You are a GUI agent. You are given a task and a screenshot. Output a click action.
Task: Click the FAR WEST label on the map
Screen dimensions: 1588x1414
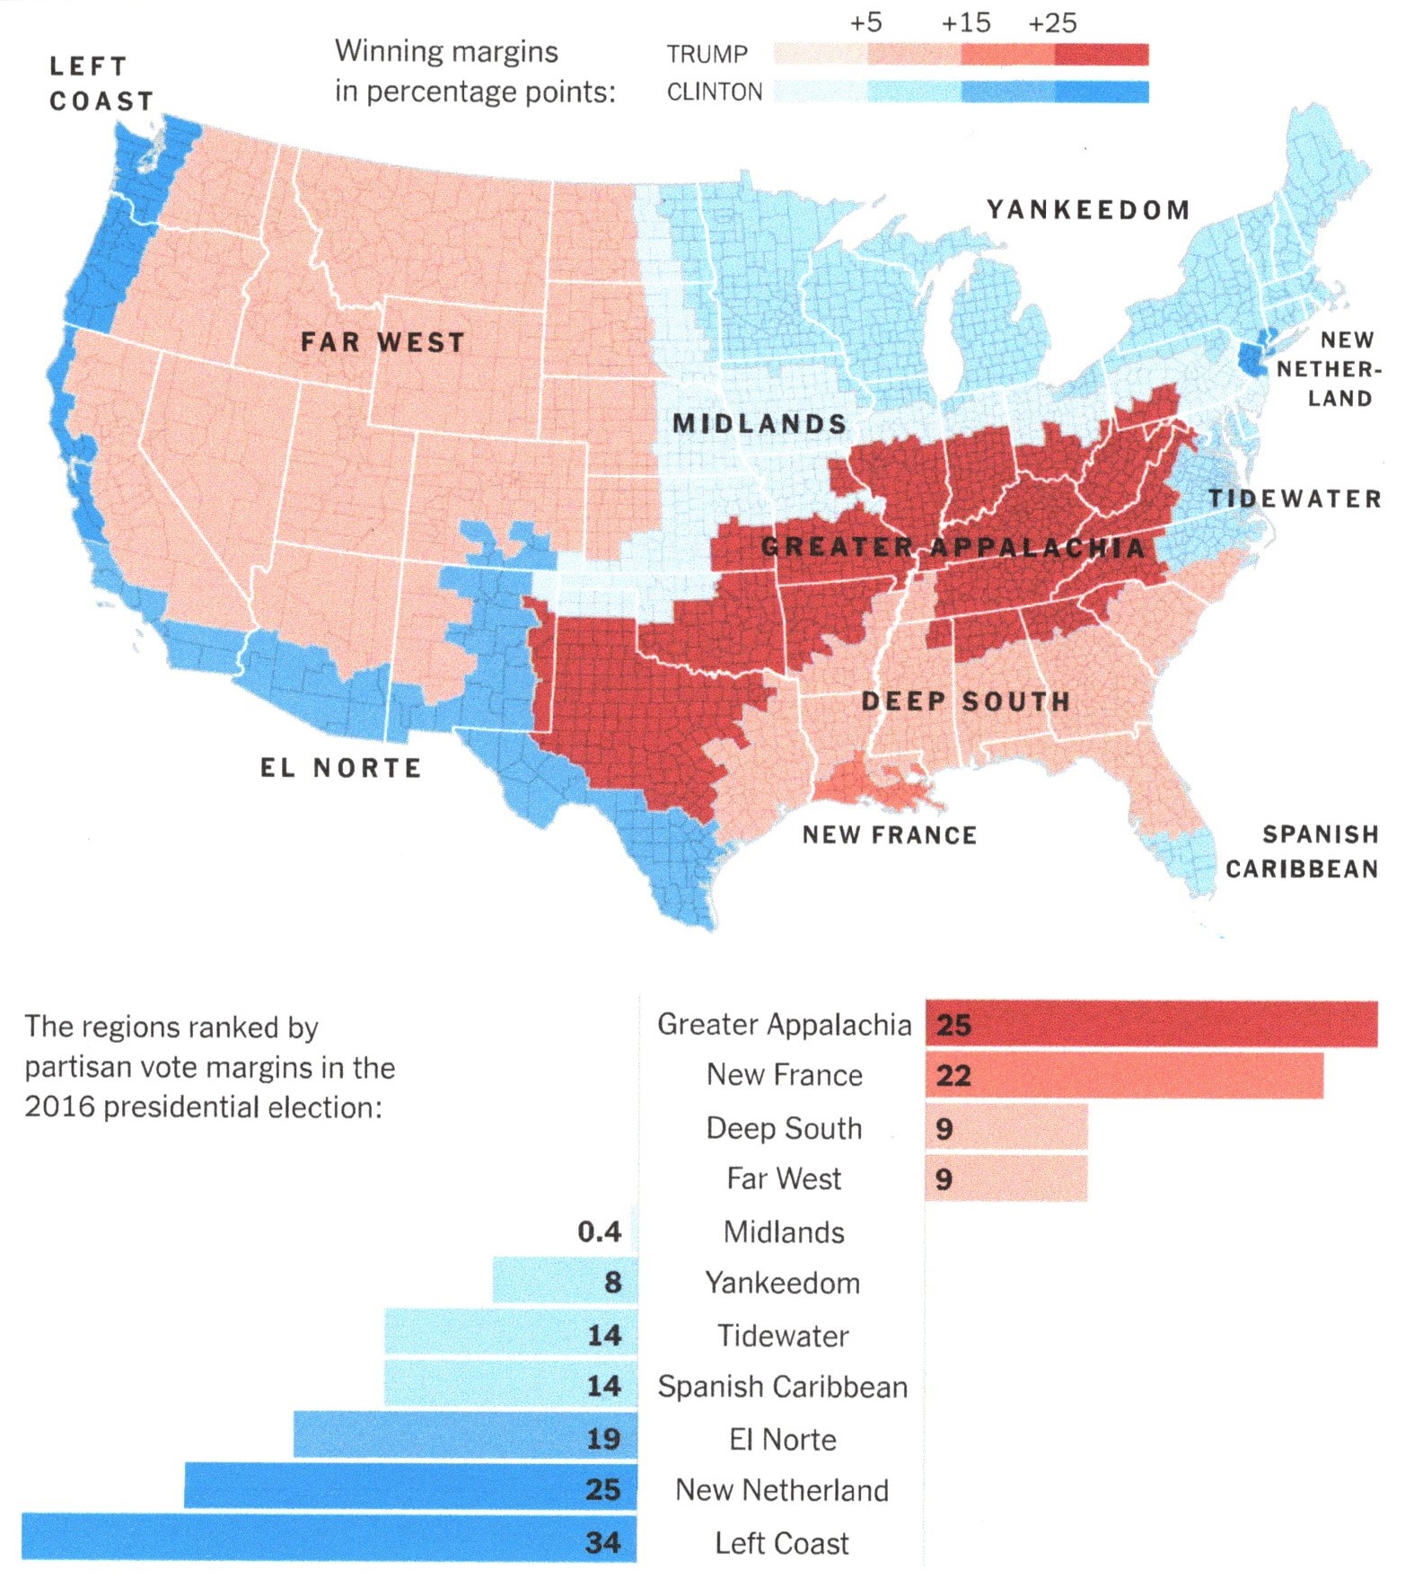click(382, 342)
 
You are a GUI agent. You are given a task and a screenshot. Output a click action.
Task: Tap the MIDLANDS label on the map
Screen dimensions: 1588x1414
click(759, 424)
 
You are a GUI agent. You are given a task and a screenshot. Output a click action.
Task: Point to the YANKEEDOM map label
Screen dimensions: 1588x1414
click(1088, 210)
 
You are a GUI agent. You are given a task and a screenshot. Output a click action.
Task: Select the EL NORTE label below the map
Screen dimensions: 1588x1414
click(340, 768)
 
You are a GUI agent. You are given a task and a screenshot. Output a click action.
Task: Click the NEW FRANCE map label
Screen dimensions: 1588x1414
click(889, 835)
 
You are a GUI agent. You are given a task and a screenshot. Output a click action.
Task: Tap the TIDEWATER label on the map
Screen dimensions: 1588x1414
click(1294, 499)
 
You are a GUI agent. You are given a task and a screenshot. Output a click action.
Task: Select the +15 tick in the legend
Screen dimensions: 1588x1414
click(965, 22)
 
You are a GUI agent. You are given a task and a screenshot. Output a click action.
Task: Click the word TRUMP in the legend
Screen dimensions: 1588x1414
click(707, 55)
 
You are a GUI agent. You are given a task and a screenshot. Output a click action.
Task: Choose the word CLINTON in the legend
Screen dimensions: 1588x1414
click(714, 93)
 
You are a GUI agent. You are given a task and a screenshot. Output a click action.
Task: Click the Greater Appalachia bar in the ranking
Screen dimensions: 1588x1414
click(1150, 1024)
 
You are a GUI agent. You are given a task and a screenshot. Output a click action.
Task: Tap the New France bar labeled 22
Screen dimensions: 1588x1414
click(1123, 1075)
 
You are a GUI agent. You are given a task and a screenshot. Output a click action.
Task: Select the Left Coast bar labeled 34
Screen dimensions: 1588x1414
click(329, 1541)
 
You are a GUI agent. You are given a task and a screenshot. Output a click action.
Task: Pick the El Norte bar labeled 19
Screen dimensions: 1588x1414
click(464, 1438)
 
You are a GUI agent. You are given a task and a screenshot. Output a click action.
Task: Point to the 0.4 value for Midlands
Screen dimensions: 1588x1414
click(599, 1231)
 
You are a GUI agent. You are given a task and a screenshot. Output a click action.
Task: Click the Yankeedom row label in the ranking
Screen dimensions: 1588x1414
click(782, 1283)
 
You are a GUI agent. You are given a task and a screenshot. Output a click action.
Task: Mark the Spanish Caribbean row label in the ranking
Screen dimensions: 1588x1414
click(782, 1387)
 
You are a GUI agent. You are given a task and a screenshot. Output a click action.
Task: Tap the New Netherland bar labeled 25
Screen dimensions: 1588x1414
click(409, 1489)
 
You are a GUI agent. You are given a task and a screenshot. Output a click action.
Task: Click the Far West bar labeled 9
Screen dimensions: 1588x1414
click(1006, 1178)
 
